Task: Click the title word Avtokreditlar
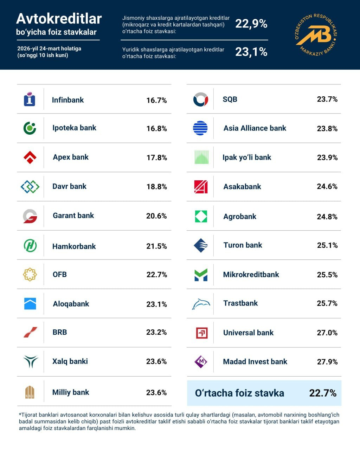coord(59,19)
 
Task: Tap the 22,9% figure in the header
coord(251,24)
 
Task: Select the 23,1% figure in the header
coord(251,52)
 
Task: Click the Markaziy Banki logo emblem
coord(315,34)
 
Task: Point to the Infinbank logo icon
coord(30,99)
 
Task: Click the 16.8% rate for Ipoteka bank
coord(156,128)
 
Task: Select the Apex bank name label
coord(71,157)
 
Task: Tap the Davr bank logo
coord(30,187)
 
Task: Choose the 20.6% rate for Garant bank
coord(156,216)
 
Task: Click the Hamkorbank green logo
coord(30,245)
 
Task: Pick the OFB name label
coord(59,275)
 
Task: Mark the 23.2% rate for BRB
coord(156,332)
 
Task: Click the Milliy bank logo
coord(30,392)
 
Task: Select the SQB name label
coord(230,99)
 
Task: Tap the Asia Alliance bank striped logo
coord(200,128)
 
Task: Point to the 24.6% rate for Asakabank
coord(327,186)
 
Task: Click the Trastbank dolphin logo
coord(201,304)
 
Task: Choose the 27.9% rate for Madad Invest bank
coord(327,362)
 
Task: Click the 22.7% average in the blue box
coord(323,393)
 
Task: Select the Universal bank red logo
coord(201,333)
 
